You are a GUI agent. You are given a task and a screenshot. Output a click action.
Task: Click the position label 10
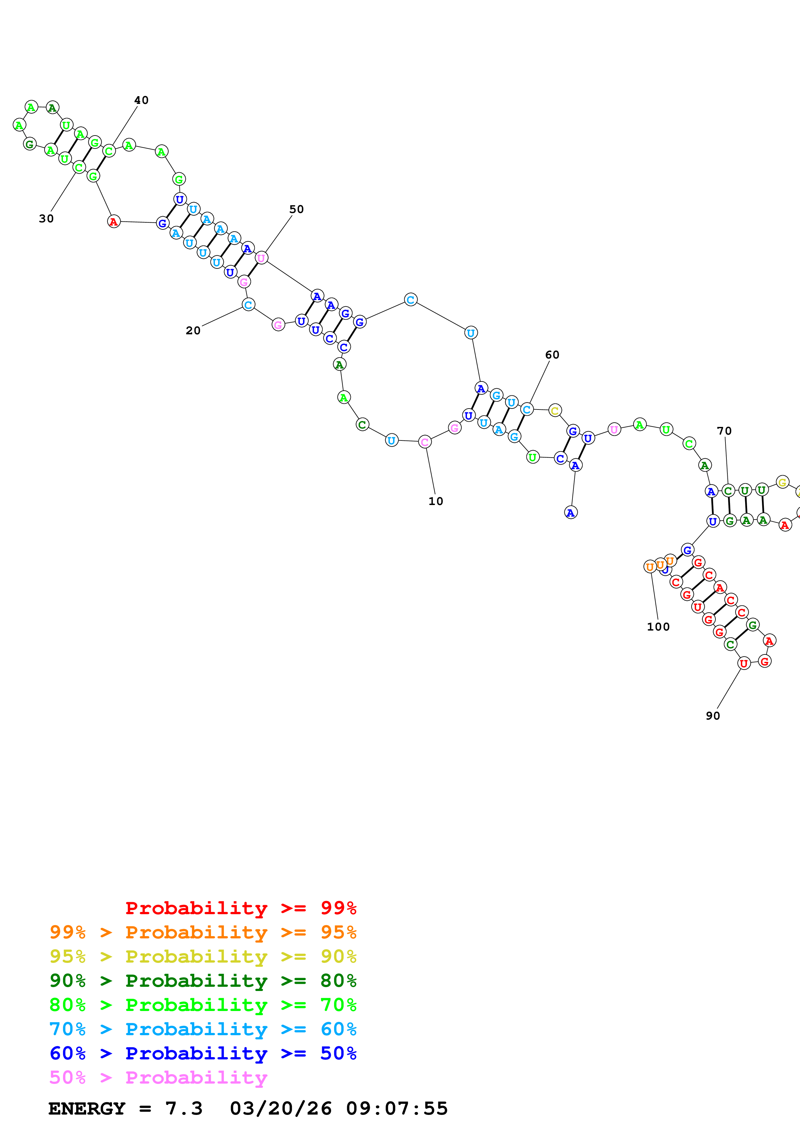435,501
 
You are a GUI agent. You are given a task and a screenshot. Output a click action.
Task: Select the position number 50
296,209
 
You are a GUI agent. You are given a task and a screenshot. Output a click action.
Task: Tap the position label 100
658,627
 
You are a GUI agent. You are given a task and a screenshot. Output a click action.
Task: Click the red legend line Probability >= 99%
240,908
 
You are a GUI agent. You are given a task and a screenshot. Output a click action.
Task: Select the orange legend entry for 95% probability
203,932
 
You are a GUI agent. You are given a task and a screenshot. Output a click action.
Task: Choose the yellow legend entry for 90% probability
203,956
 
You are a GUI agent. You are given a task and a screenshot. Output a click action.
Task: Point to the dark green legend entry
203,981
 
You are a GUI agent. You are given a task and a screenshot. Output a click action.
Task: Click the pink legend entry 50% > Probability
158,1077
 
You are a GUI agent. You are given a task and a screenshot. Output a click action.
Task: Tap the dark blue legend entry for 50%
203,1053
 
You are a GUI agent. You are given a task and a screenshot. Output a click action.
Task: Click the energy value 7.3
184,1109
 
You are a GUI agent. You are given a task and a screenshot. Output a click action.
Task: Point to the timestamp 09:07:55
397,1109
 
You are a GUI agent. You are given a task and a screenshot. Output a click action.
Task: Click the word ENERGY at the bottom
87,1109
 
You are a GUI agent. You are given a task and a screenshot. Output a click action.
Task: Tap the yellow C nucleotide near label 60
555,411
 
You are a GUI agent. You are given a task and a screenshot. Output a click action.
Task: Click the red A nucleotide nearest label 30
114,222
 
